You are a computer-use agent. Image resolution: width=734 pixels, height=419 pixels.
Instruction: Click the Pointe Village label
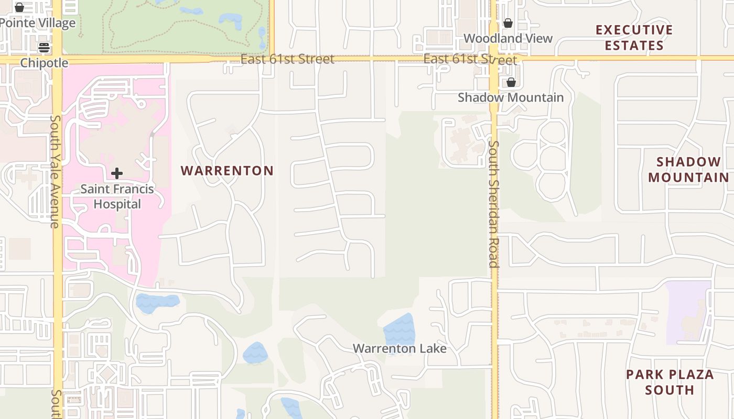38,23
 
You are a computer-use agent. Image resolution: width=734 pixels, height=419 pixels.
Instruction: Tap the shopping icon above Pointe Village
19,7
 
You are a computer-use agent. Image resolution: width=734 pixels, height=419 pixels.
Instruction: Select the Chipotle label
44,63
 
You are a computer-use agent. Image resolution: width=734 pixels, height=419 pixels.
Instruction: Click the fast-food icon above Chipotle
44,48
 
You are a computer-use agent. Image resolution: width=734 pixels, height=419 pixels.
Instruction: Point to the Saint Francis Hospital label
117,196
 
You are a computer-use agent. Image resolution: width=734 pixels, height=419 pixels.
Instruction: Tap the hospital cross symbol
117,173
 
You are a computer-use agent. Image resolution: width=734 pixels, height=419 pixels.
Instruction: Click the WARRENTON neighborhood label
227,171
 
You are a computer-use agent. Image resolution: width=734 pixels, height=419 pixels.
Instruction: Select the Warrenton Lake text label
400,348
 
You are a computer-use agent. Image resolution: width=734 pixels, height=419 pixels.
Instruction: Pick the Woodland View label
508,38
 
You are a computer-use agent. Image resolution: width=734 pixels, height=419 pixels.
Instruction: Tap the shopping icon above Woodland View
508,23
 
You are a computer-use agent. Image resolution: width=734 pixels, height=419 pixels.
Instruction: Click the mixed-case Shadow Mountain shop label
511,97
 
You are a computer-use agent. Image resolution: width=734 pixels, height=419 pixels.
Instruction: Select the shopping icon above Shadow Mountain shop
511,82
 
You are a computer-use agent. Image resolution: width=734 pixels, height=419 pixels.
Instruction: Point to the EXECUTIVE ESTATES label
634,38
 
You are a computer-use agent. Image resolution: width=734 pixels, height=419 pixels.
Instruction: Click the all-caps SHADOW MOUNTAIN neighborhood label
688,170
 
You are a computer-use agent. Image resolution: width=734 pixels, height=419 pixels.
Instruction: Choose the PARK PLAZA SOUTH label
670,382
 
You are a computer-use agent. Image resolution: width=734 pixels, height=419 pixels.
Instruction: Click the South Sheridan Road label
493,204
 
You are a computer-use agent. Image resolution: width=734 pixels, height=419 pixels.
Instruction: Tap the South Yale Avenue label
55,171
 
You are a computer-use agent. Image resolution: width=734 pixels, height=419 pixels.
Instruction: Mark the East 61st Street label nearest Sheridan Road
470,59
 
